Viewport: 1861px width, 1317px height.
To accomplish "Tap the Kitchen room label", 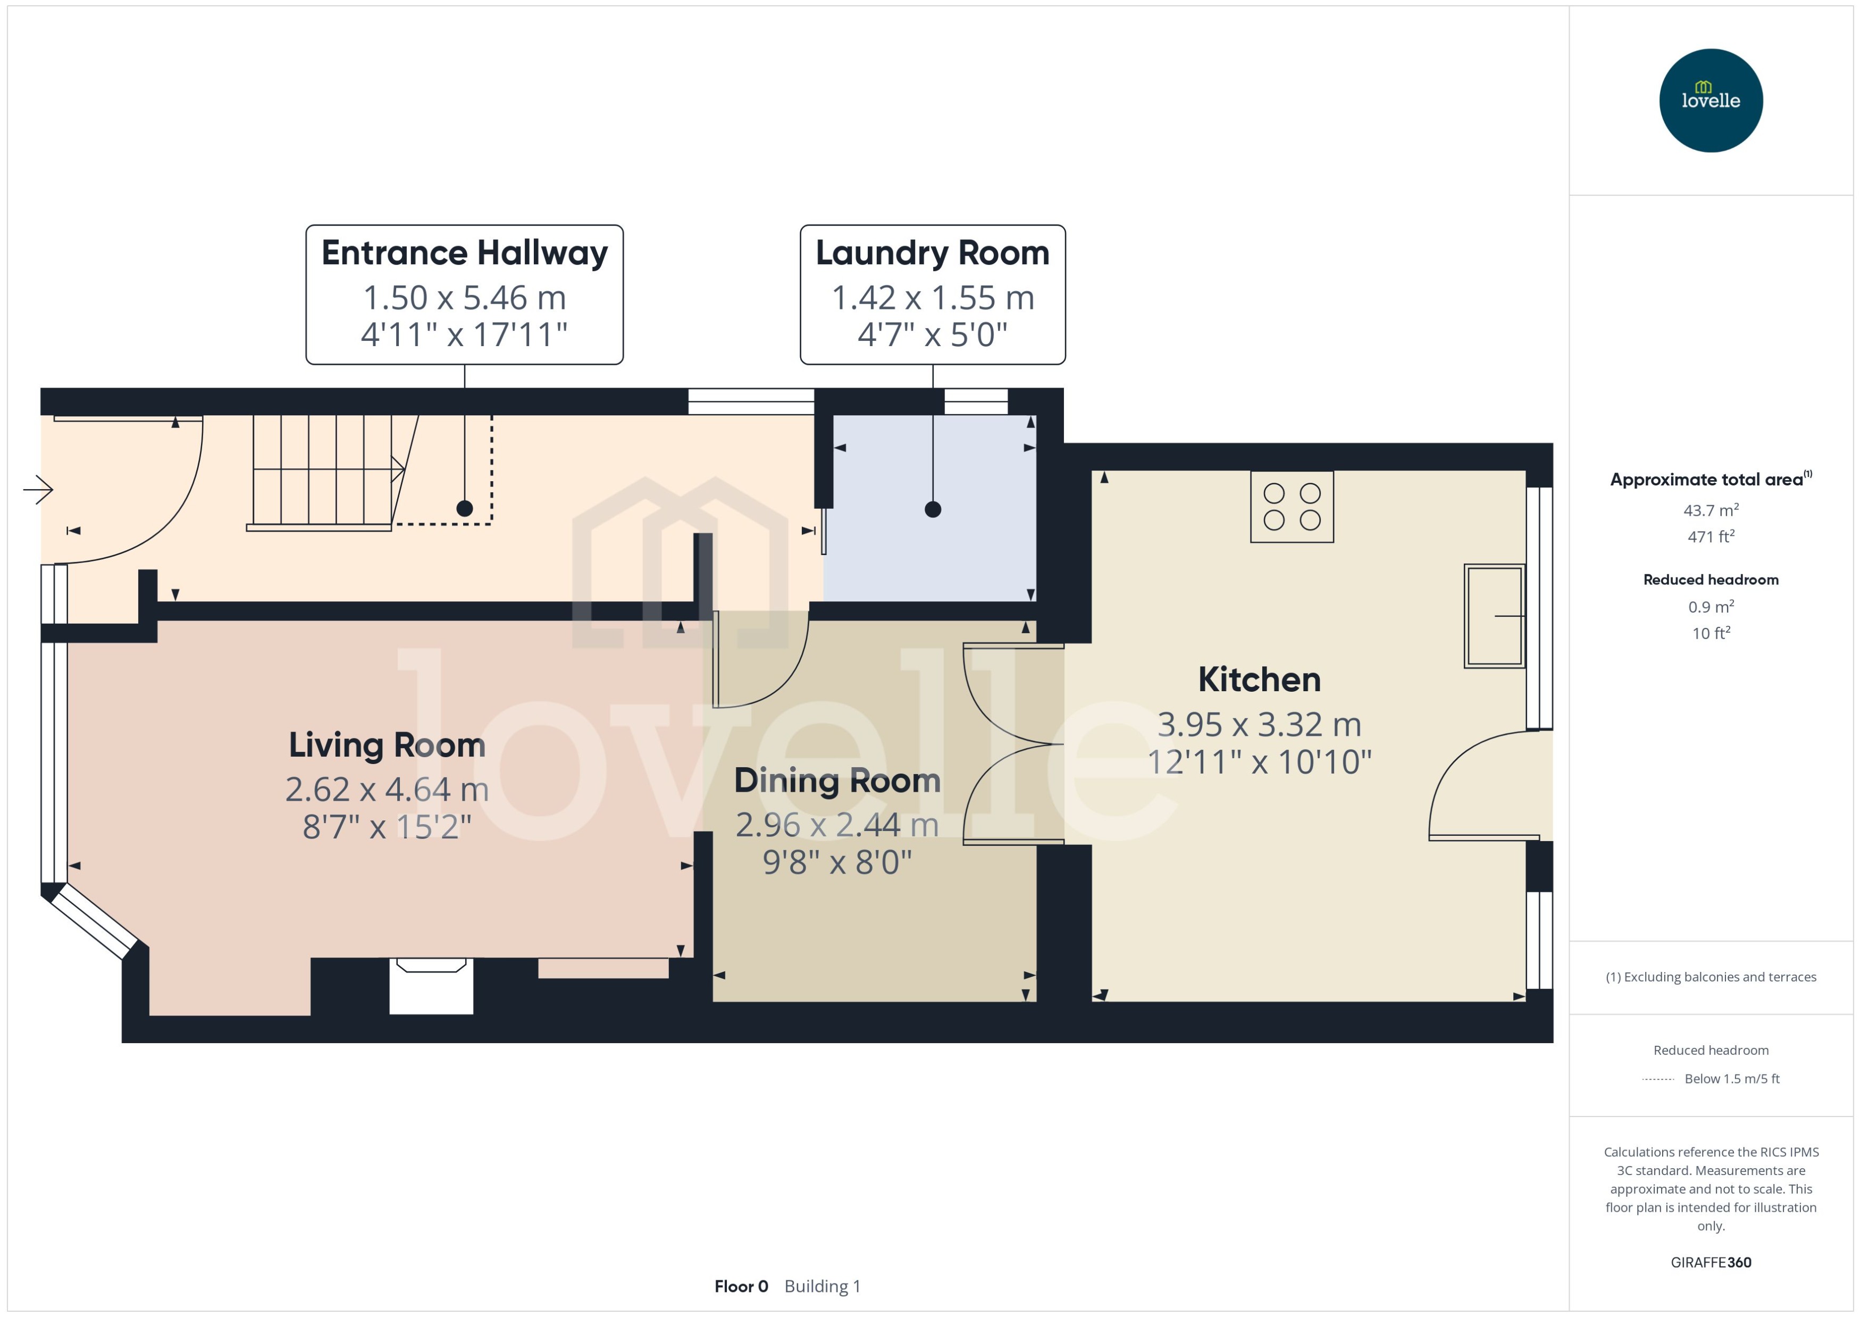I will pyautogui.click(x=1259, y=680).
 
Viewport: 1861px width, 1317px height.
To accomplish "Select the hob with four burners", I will pyautogui.click(x=1291, y=507).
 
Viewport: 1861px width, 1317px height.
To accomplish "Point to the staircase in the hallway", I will pyautogui.click(x=324, y=471).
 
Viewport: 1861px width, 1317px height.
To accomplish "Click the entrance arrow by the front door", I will pyautogui.click(x=38, y=489).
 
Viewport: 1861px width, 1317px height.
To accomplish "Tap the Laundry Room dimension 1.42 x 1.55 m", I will pyautogui.click(x=933, y=298).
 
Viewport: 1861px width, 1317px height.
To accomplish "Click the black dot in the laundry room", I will pyautogui.click(x=933, y=509).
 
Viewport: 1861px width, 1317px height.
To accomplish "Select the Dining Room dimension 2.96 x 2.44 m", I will pyautogui.click(x=837, y=825).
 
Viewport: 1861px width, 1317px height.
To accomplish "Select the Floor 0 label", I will pyautogui.click(x=740, y=1286).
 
